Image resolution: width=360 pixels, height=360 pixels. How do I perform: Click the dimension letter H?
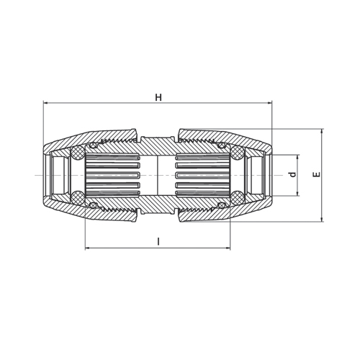(x=158, y=97)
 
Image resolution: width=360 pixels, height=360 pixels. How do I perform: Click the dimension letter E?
(x=317, y=174)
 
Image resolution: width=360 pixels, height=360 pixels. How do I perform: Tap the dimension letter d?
(x=292, y=174)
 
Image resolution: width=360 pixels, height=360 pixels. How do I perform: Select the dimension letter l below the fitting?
(x=158, y=241)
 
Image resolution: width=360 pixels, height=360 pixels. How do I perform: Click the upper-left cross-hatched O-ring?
(x=77, y=152)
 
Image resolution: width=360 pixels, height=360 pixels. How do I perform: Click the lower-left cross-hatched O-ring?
(x=77, y=198)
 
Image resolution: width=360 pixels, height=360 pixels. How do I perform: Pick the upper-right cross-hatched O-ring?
(x=238, y=152)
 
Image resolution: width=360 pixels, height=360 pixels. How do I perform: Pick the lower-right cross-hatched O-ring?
(x=238, y=198)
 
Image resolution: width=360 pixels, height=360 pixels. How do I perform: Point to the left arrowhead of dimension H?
(x=45, y=103)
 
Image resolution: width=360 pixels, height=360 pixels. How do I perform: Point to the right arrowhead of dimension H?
(x=270, y=103)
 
